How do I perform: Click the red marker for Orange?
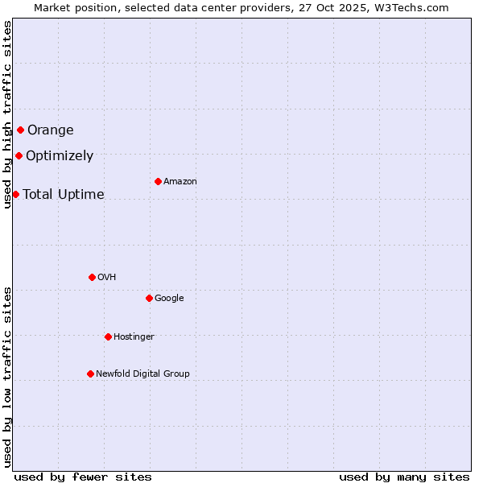[20, 130]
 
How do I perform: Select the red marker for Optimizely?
[19, 155]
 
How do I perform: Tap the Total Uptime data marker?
[15, 194]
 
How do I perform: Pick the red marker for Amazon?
[158, 181]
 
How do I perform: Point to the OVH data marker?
[92, 277]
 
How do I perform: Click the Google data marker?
[149, 298]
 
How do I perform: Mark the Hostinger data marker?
[108, 336]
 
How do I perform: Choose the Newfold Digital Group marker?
[90, 374]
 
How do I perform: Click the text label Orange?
[51, 130]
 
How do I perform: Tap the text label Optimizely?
[60, 156]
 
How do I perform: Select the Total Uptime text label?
[64, 195]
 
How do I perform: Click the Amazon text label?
[180, 182]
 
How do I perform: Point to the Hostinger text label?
[134, 337]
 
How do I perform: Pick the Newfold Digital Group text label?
[142, 374]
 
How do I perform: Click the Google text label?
[169, 299]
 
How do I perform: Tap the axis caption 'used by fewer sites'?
[83, 477]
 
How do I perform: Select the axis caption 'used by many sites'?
[404, 477]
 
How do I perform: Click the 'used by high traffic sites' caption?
[8, 114]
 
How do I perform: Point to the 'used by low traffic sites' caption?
[8, 377]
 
